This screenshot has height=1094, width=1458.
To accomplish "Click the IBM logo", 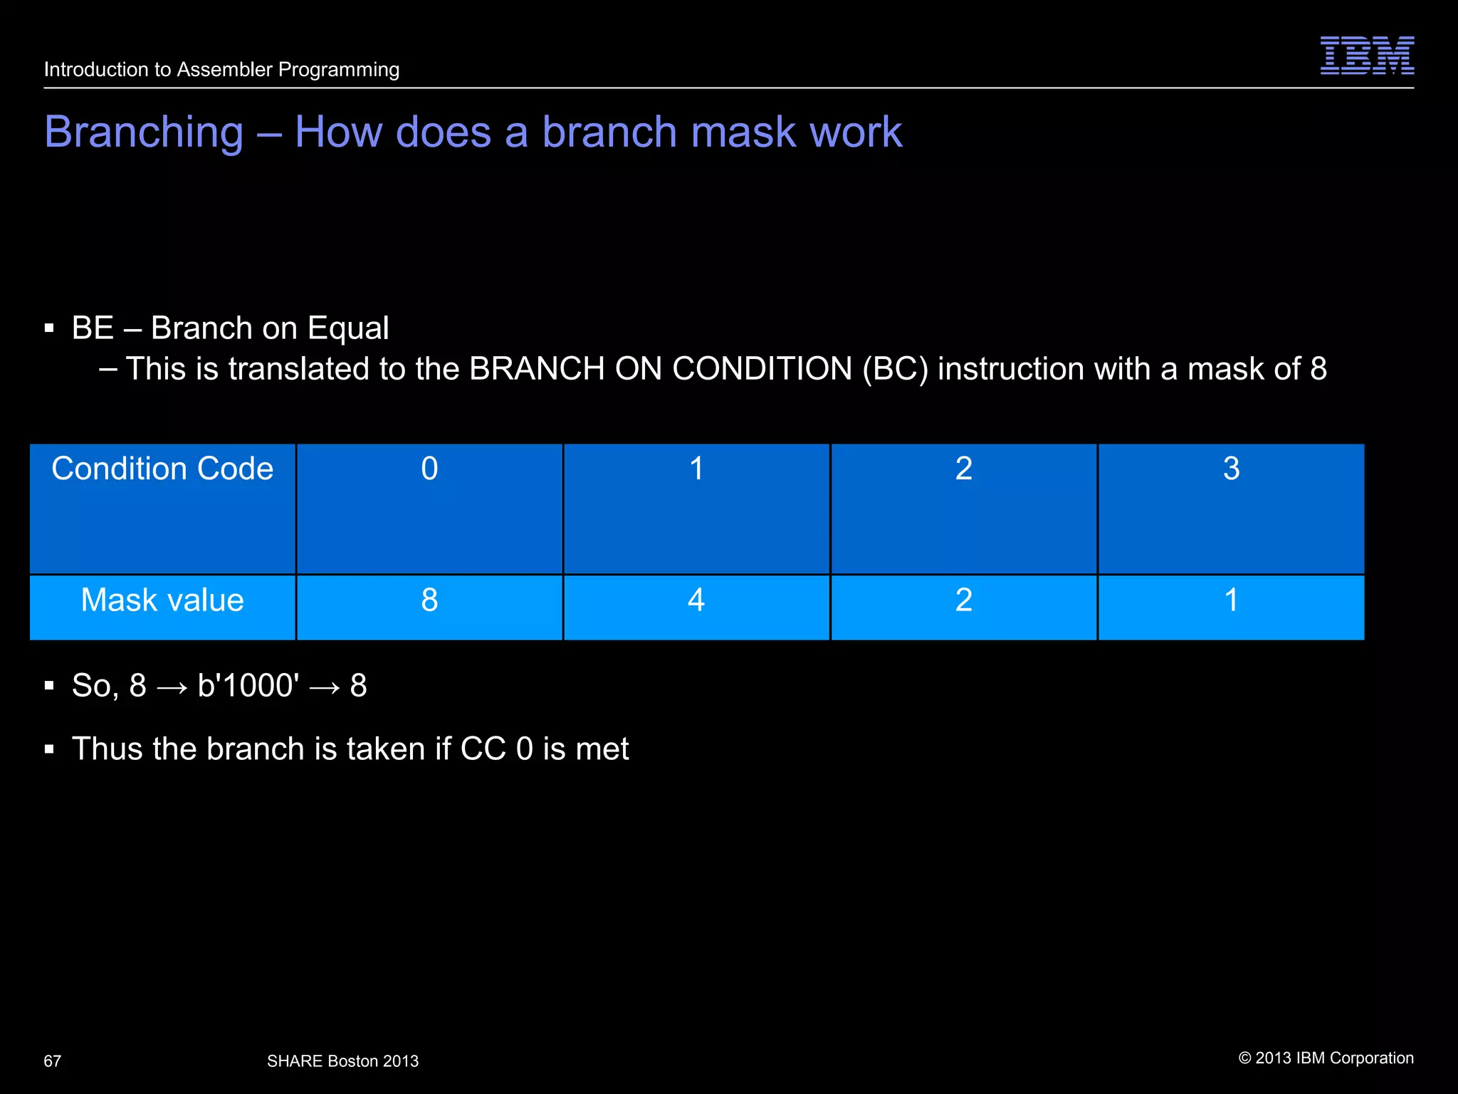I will [1367, 55].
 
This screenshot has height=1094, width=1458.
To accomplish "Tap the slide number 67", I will [52, 1061].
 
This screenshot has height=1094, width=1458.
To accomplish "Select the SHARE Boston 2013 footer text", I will [342, 1061].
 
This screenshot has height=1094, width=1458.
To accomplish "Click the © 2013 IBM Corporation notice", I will [1326, 1058].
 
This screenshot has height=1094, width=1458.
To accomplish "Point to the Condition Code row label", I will [162, 469].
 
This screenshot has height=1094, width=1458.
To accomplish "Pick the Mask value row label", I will [162, 600].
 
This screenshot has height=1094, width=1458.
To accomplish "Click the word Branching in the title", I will [144, 132].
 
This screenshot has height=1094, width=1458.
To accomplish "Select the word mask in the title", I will [743, 132].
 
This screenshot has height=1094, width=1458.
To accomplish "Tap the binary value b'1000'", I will [248, 685].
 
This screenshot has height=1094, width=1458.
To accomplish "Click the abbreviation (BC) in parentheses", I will [895, 369].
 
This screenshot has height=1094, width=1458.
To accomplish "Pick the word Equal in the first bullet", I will [348, 328].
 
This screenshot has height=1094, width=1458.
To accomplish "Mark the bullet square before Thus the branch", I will [49, 749].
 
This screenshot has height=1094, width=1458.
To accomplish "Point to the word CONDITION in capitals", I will [762, 369].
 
